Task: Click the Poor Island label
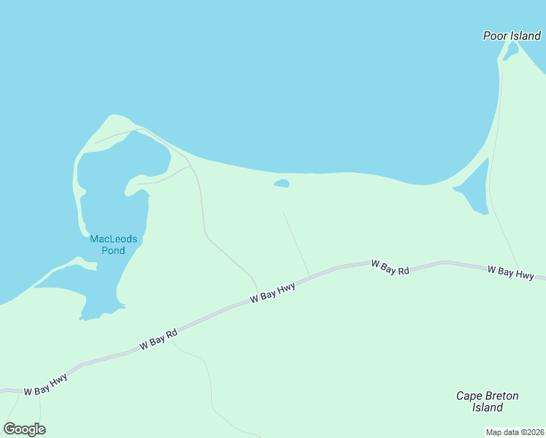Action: point(512,35)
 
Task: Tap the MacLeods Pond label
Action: point(113,245)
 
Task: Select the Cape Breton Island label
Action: point(487,401)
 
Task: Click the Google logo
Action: point(25,429)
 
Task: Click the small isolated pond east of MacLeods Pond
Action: point(282,183)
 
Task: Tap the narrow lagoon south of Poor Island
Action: point(475,188)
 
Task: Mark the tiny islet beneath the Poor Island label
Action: point(511,51)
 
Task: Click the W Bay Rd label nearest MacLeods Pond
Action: point(158,339)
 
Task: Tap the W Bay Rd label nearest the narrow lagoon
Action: point(390,267)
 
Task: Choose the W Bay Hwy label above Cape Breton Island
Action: point(510,272)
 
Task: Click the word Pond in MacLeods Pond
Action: point(113,250)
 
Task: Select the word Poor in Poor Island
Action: point(496,35)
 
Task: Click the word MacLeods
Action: point(113,239)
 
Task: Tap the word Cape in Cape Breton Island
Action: point(469,396)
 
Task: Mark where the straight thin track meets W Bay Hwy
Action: point(309,276)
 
